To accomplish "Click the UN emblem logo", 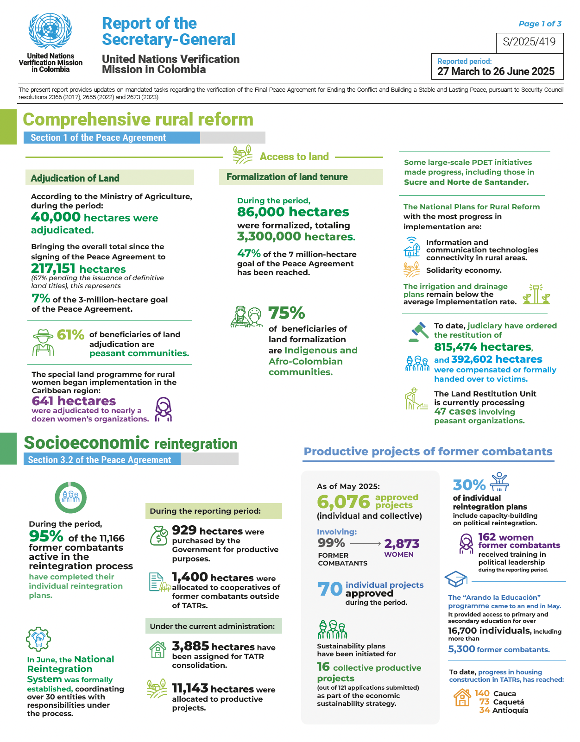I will tap(50, 31).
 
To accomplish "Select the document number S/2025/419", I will tap(529, 42).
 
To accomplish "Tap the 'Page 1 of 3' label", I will tap(540, 24).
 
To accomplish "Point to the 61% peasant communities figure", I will tap(70, 334).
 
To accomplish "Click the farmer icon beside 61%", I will tap(43, 342).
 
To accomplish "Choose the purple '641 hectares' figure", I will tap(74, 401).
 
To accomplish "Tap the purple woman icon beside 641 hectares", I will tap(163, 409).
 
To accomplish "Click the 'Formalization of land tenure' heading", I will tap(287, 177).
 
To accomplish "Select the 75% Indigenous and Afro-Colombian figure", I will tap(286, 313).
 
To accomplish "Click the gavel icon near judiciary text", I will tap(419, 332).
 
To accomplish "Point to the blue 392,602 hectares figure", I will tap(496, 359).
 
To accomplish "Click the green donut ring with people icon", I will tap(71, 497).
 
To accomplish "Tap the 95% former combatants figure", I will tap(46, 536).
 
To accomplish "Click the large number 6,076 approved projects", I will tap(343, 502).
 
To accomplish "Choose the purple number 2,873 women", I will tap(402, 544).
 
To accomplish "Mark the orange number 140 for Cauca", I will tap(482, 693).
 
